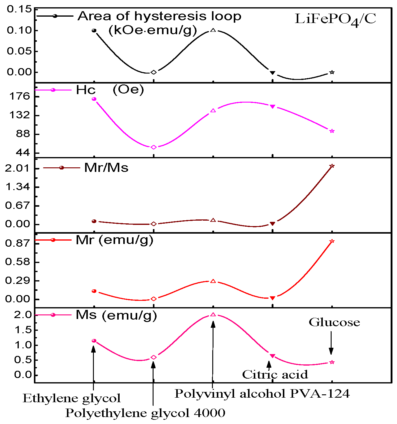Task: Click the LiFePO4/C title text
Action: click(335, 19)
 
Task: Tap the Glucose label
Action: click(334, 322)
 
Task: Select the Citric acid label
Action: click(275, 375)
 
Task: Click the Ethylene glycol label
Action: click(72, 399)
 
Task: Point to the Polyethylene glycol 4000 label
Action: click(145, 413)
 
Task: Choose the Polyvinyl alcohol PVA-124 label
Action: click(262, 394)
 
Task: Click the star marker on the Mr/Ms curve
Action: click(332, 166)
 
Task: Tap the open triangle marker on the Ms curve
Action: click(213, 315)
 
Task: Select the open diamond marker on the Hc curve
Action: click(154, 147)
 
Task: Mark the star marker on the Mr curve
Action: click(332, 241)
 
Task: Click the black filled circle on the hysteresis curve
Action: click(94, 31)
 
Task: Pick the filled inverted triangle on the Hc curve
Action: click(273, 107)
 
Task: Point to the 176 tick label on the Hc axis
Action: click(20, 97)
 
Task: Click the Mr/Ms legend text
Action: click(106, 168)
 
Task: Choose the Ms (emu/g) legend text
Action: click(116, 315)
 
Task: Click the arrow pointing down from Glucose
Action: click(331, 343)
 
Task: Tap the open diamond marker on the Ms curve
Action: click(154, 357)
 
